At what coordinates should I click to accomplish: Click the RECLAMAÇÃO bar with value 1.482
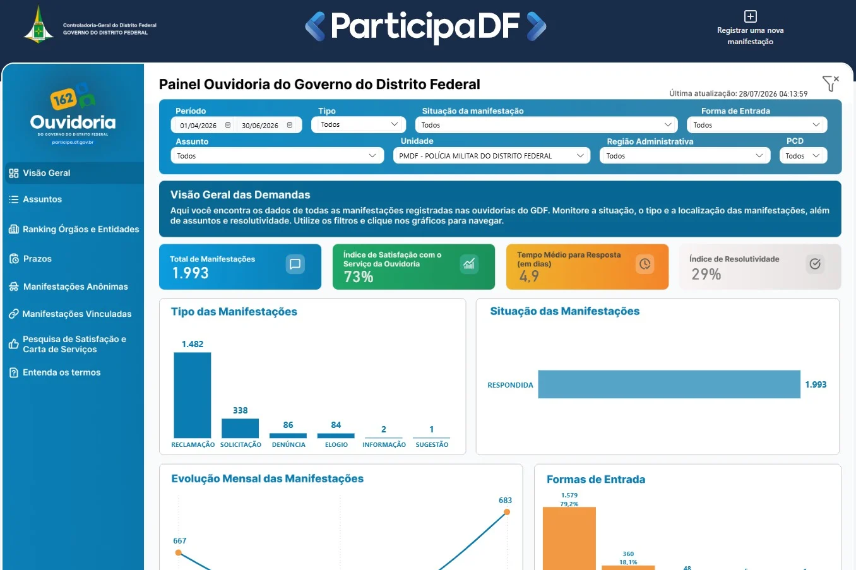click(x=192, y=395)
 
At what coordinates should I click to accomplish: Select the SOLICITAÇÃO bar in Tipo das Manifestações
click(x=240, y=428)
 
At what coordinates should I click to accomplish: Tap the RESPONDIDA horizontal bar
click(x=669, y=384)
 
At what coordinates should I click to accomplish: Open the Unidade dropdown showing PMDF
click(x=491, y=156)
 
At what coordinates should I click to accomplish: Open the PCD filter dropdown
click(x=803, y=156)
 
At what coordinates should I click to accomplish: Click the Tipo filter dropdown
click(x=359, y=124)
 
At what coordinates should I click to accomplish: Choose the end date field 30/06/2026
click(x=266, y=126)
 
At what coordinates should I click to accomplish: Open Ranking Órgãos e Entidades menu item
click(x=74, y=229)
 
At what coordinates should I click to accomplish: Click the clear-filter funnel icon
click(x=830, y=83)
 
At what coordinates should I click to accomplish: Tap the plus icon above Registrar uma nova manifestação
click(x=750, y=16)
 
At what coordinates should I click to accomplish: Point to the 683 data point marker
click(x=507, y=512)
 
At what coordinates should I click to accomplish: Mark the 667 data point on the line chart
click(x=178, y=552)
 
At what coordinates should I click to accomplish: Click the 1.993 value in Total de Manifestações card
click(x=190, y=273)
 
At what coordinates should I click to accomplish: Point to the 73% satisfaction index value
click(x=358, y=276)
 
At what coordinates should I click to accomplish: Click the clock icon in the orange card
click(x=645, y=264)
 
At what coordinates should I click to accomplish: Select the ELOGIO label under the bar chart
click(x=336, y=444)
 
